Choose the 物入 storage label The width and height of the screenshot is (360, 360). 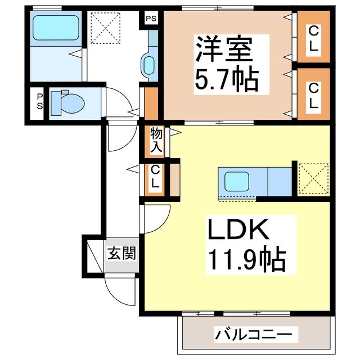(156, 141)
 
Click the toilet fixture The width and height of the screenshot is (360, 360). (68, 103)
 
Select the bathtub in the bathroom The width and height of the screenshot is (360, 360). (55, 27)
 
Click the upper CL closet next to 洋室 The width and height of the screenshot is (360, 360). (313, 38)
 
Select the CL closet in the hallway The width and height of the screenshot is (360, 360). (156, 177)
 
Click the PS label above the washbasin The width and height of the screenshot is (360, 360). (150, 19)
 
